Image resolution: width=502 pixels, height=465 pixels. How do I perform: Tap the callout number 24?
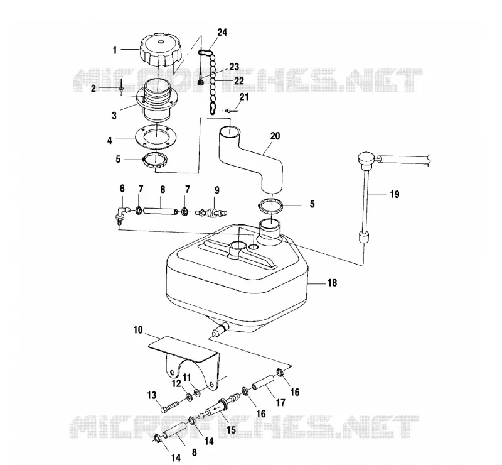tap(222, 33)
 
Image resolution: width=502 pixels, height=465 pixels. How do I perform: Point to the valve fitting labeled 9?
tap(212, 212)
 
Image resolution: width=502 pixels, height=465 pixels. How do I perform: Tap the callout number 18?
tap(333, 283)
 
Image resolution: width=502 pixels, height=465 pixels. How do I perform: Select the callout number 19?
tap(395, 194)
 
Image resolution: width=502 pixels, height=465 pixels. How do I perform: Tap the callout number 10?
tap(138, 330)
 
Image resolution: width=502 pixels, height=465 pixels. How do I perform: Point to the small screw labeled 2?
tap(122, 87)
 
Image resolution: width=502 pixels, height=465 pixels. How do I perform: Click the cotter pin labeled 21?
tap(231, 111)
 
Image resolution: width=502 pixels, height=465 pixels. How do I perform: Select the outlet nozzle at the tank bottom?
tap(219, 329)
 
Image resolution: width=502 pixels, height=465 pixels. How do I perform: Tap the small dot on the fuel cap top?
tap(161, 41)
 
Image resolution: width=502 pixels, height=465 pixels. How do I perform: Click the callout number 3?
tap(114, 116)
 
